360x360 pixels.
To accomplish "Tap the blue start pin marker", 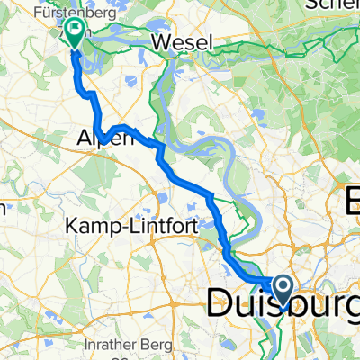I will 283,290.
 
